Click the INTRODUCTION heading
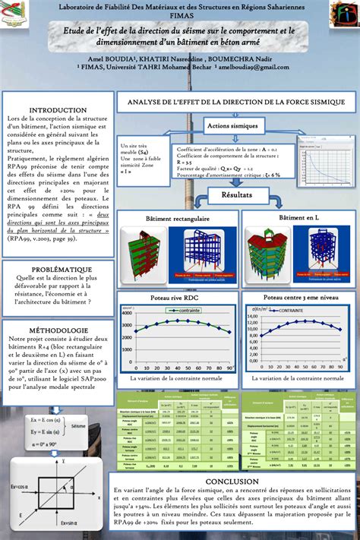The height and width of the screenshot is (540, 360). click(58, 111)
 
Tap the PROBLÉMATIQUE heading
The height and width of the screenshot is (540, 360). click(58, 270)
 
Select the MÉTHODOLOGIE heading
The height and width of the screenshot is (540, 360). click(58, 331)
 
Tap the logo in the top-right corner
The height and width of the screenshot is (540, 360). click(339, 14)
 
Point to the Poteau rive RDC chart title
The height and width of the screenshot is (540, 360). click(176, 300)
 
